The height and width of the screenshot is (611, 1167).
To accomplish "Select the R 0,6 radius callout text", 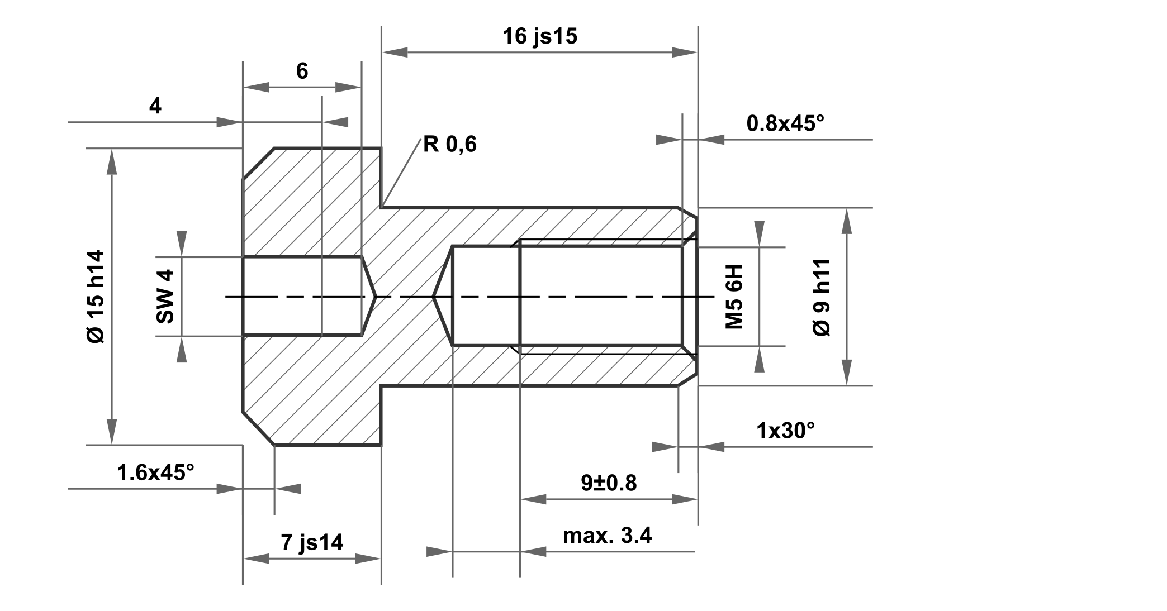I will tap(449, 145).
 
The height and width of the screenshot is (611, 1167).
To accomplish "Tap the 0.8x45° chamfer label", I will tap(785, 123).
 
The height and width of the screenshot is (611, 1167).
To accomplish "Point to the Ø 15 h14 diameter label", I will tap(96, 296).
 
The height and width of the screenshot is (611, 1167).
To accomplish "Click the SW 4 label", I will tap(165, 296).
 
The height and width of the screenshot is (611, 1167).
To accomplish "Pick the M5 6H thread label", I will tap(734, 297).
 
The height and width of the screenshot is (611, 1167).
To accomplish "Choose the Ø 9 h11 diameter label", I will tap(822, 297).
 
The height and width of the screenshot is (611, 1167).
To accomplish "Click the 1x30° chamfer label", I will tap(785, 431).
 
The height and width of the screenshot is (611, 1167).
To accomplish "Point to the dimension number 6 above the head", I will tap(302, 71).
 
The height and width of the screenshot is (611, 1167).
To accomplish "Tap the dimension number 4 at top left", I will tap(155, 106).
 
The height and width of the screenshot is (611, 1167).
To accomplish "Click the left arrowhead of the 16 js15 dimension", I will tap(394, 52).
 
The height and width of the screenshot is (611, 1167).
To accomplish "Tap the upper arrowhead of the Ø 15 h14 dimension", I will tap(112, 161).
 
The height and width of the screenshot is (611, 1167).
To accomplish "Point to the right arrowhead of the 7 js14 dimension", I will tap(369, 559).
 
